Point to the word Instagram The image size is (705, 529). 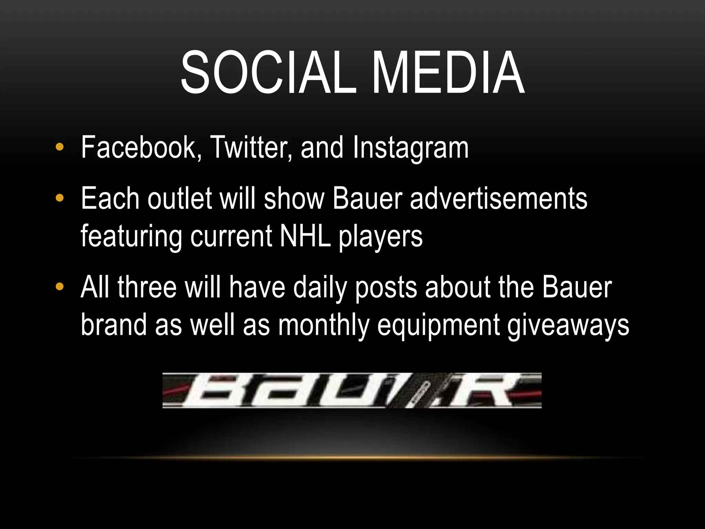click(x=410, y=148)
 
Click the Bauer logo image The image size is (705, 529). click(x=352, y=391)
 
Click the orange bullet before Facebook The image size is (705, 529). click(x=60, y=147)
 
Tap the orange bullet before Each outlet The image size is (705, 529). click(x=60, y=198)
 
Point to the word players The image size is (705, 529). click(x=380, y=238)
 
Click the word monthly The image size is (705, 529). click(x=324, y=325)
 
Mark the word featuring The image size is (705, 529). click(x=131, y=238)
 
